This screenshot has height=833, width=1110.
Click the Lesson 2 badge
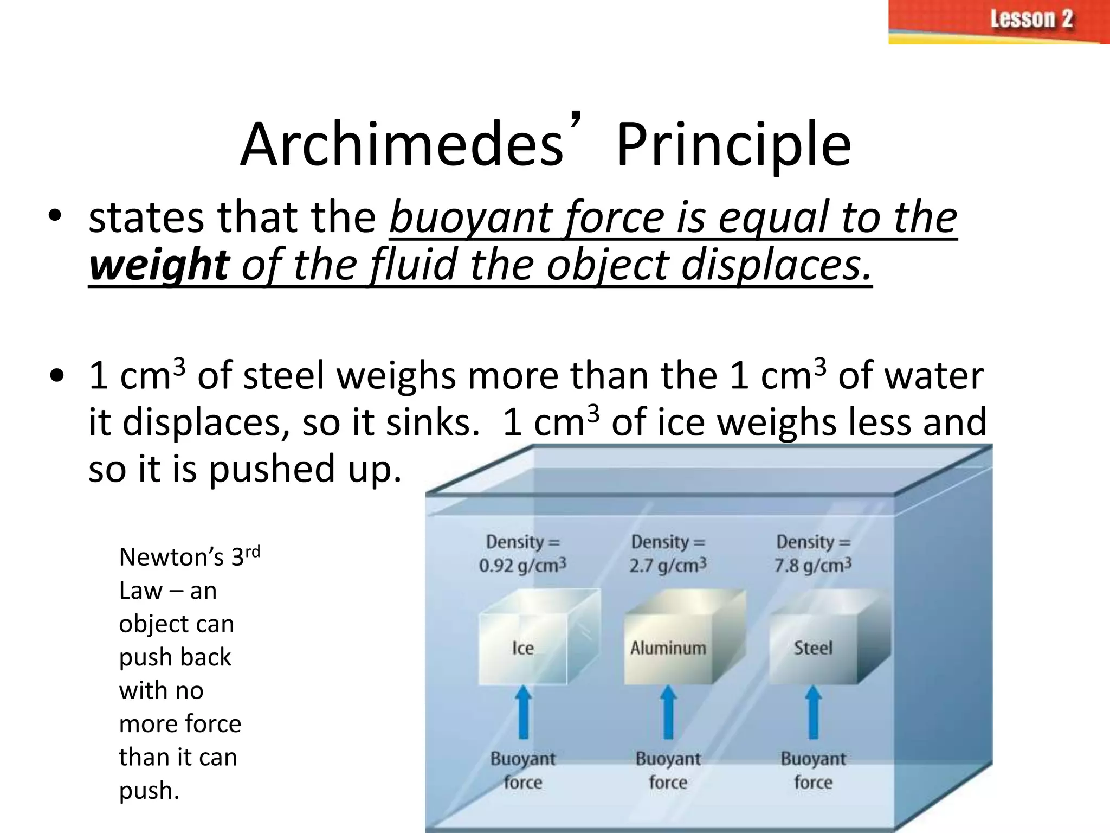[998, 22]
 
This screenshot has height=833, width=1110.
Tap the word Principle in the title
[733, 145]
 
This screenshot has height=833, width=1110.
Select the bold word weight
[159, 265]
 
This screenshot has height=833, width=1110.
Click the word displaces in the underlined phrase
[775, 265]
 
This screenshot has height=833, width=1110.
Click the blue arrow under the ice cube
[523, 712]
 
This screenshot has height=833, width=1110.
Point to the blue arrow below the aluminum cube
[668, 712]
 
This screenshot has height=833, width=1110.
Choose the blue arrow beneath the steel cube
[813, 712]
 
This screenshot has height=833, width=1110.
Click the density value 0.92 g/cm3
[522, 566]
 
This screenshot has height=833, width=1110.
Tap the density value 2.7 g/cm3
[668, 566]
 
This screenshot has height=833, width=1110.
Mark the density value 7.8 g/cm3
[813, 566]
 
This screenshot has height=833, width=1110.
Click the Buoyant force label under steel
[813, 771]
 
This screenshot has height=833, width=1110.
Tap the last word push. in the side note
[149, 791]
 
